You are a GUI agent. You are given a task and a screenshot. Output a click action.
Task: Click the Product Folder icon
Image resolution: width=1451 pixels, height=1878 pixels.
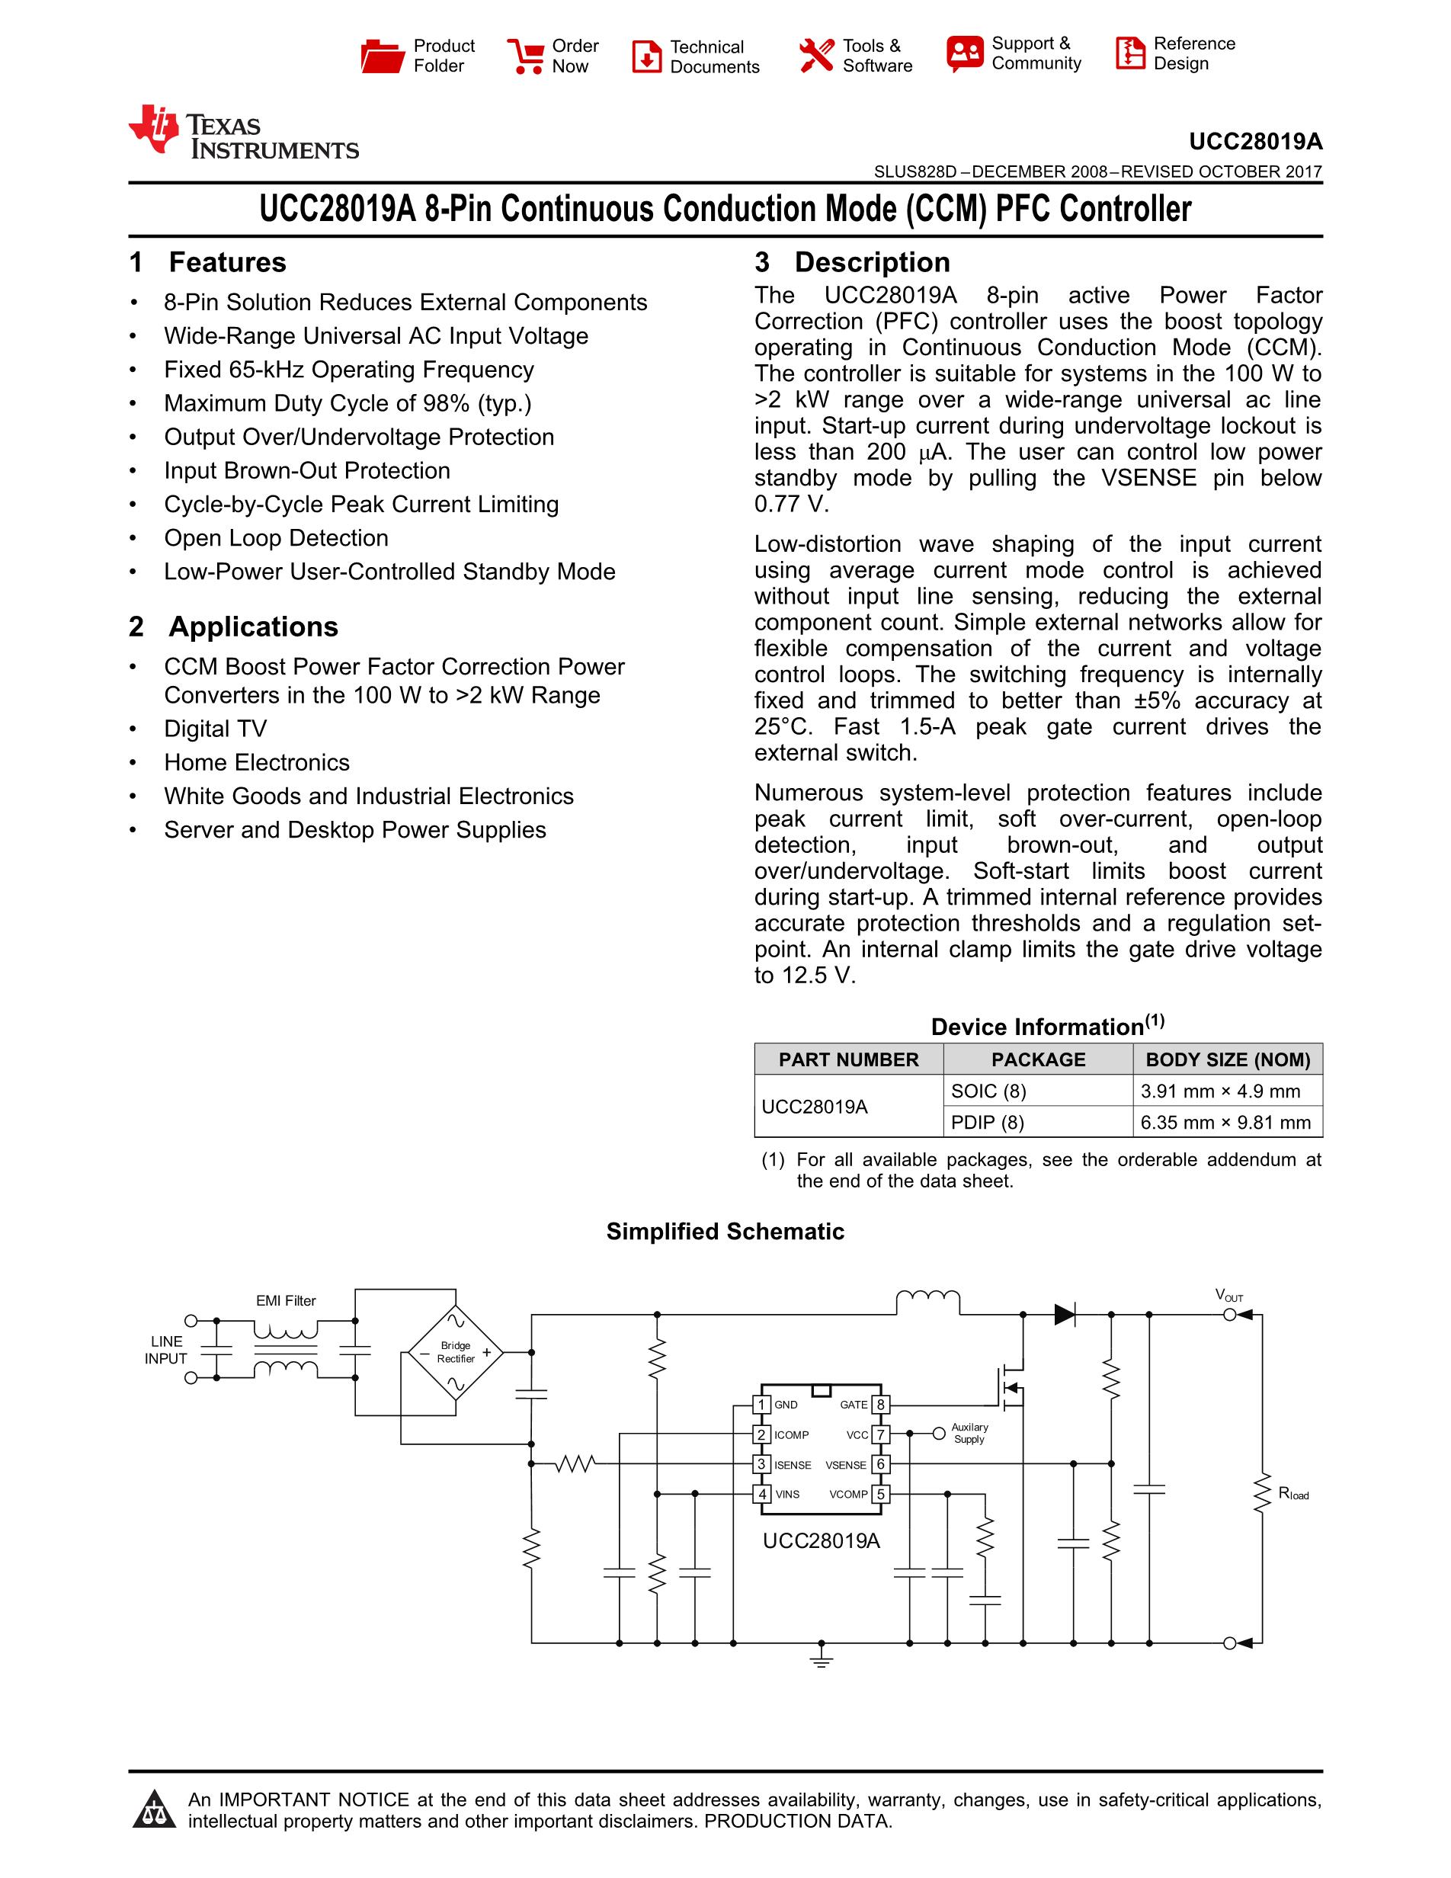(383, 56)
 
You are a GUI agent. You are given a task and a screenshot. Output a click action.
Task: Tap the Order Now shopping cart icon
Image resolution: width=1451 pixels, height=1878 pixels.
(525, 56)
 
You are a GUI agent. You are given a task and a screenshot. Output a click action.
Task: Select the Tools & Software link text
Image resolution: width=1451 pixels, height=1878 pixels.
(877, 56)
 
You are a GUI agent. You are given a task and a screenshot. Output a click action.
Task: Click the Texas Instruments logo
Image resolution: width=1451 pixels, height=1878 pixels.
(243, 133)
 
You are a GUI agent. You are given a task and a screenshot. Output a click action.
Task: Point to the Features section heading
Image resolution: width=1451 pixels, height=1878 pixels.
(227, 262)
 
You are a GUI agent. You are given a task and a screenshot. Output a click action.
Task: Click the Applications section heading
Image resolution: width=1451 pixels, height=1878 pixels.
(253, 627)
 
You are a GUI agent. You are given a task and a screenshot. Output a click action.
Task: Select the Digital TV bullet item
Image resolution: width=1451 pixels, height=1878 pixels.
(215, 729)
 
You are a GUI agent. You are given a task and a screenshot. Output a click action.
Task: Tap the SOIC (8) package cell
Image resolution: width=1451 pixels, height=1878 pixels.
(988, 1091)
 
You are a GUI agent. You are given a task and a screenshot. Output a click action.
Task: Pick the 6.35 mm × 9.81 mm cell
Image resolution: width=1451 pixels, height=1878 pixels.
(1225, 1122)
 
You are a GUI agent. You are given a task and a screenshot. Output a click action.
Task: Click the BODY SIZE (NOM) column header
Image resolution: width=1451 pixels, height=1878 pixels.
(1228, 1059)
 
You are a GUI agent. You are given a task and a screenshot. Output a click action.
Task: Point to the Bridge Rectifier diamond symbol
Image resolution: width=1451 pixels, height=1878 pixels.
(456, 1353)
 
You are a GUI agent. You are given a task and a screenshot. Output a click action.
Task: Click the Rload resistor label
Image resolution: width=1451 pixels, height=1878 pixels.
(1292, 1494)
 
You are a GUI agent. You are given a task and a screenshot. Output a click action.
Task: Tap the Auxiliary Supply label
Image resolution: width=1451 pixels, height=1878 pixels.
(969, 1434)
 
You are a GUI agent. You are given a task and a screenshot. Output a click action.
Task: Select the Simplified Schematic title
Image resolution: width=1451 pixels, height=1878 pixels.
(725, 1232)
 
